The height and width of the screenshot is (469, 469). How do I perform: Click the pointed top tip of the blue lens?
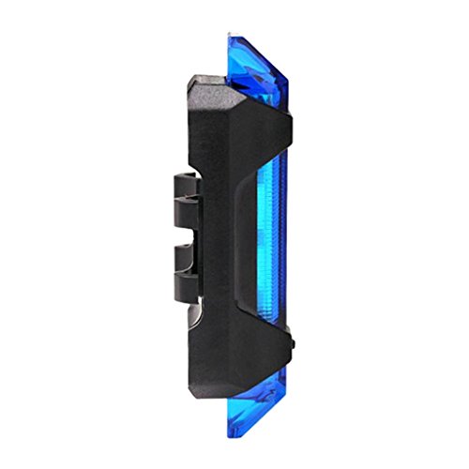(231, 36)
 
